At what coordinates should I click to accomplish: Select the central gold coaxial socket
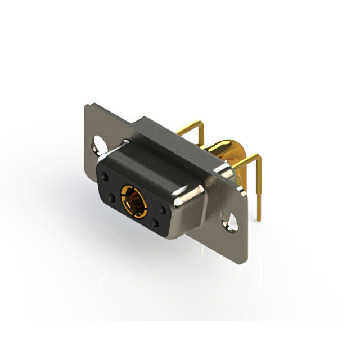[133, 199]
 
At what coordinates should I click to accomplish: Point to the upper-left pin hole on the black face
[105, 176]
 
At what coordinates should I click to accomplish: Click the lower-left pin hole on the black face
[111, 198]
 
